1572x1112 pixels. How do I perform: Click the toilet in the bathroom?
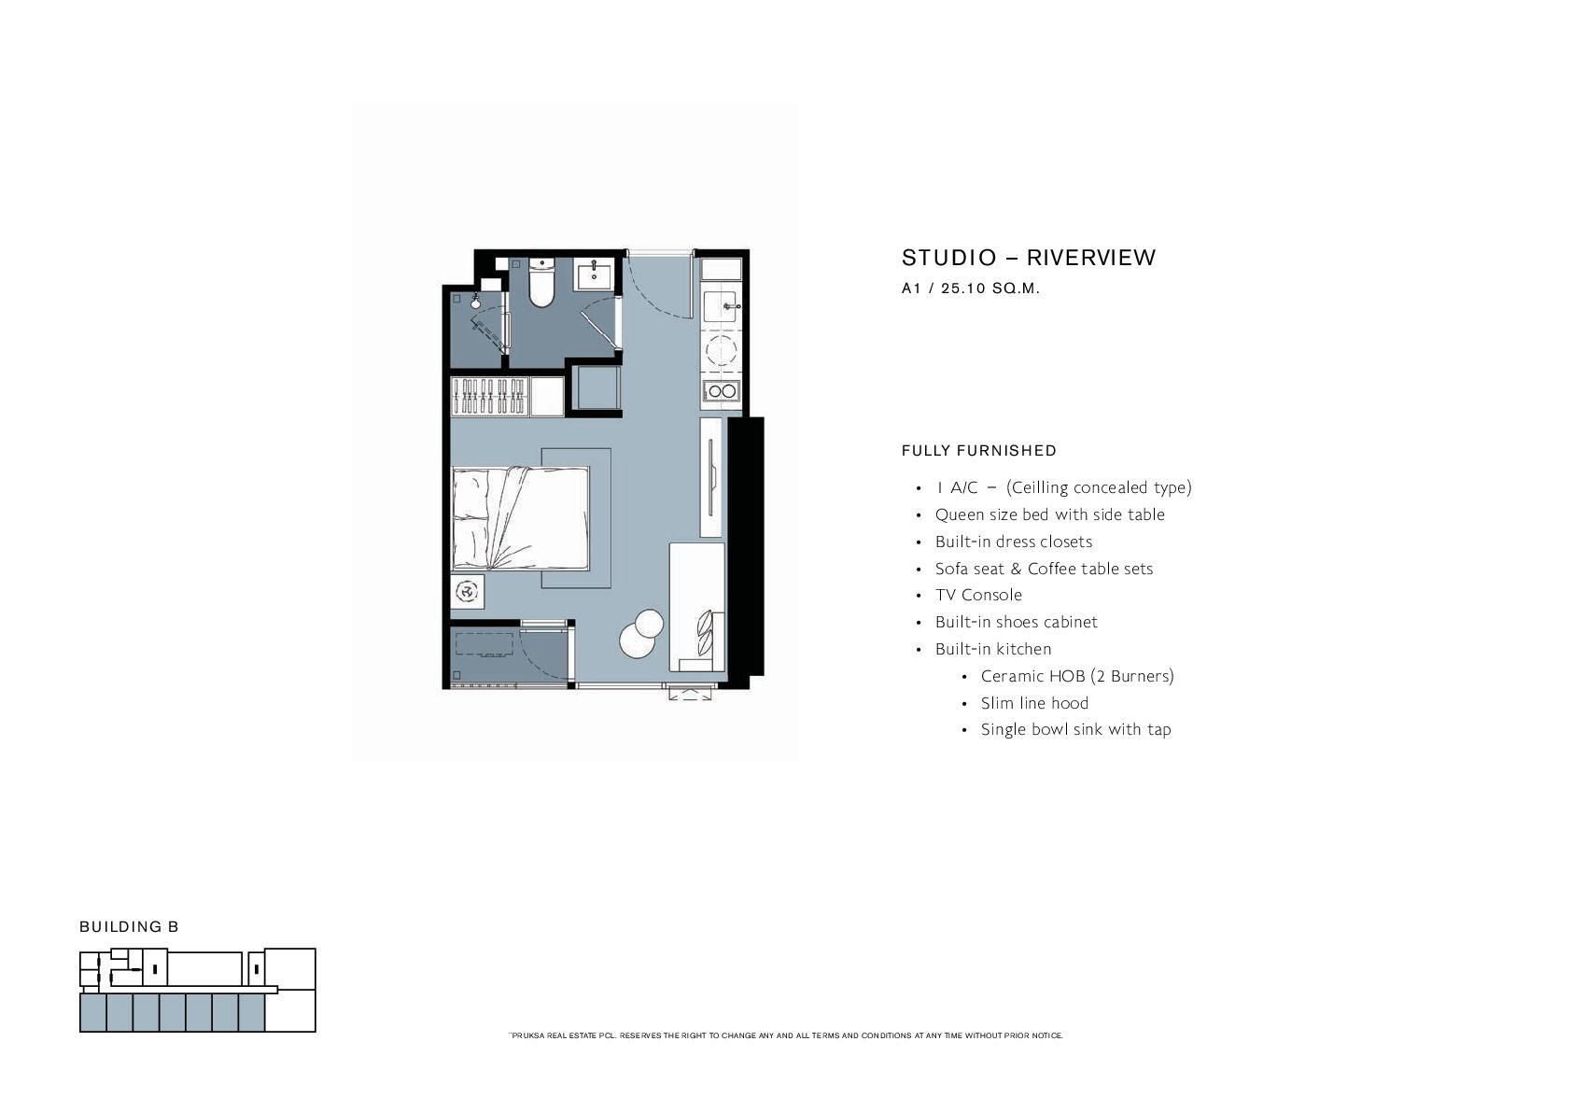[541, 282]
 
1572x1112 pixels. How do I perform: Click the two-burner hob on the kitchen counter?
[721, 391]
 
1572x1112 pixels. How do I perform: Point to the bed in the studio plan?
[520, 518]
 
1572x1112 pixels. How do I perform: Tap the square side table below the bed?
[467, 592]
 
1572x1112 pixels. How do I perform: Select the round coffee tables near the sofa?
[641, 633]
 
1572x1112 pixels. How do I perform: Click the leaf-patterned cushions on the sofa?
[706, 632]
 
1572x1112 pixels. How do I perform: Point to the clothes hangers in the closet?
[489, 397]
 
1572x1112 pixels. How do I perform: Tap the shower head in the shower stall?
[476, 302]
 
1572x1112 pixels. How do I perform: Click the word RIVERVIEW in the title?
[1091, 258]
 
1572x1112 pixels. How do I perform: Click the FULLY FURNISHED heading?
[979, 451]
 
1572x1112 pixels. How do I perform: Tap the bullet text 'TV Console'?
[978, 595]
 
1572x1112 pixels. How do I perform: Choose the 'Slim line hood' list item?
[1034, 703]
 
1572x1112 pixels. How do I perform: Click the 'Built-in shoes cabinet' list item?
[1017, 622]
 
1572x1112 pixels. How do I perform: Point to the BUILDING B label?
[129, 926]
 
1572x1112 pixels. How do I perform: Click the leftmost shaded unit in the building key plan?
[93, 1012]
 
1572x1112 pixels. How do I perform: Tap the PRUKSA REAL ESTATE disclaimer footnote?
[786, 1035]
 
